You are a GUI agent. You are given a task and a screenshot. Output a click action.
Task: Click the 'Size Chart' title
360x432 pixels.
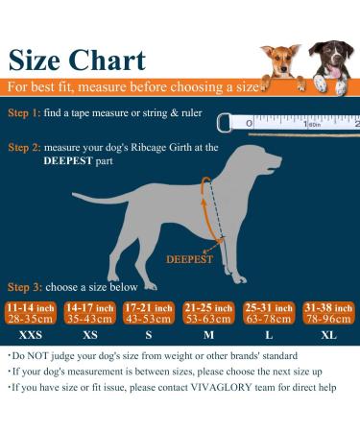tap(78, 60)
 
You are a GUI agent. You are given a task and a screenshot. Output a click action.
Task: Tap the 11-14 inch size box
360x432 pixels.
tap(30, 313)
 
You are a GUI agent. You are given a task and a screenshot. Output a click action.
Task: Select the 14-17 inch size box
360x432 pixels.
tap(89, 313)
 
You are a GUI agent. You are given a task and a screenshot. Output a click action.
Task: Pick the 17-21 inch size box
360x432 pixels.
tap(149, 313)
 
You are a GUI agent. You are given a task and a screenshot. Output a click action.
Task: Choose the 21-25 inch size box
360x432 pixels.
tap(209, 313)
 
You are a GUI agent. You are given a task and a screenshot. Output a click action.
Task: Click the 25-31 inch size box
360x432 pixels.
tap(270, 313)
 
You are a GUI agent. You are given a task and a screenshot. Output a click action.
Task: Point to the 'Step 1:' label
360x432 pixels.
tap(25, 113)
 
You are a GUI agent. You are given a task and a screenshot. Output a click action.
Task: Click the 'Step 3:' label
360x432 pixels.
tap(25, 287)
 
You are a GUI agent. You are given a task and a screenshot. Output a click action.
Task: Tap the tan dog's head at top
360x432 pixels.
tap(279, 60)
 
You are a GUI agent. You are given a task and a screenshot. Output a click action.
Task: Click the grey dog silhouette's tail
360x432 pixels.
tap(91, 199)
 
